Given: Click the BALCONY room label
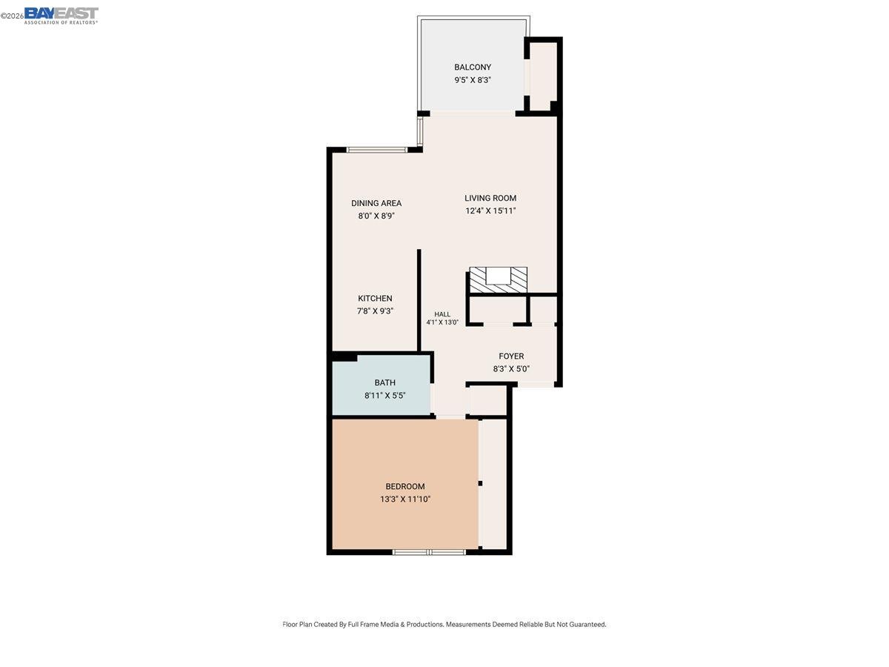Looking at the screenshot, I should (x=473, y=67).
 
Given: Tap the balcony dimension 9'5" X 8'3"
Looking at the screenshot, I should (x=473, y=80).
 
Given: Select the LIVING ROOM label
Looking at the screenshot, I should (x=490, y=198).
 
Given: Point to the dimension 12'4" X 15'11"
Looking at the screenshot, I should (x=490, y=210).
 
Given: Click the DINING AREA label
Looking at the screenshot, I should (x=376, y=203).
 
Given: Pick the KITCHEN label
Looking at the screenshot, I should (x=375, y=299).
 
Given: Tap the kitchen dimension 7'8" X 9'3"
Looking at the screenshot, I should (x=375, y=311).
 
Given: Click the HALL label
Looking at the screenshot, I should (x=442, y=314).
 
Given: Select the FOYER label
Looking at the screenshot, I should (x=511, y=356).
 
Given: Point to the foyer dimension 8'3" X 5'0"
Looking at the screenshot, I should (x=511, y=369).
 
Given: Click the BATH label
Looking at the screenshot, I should (x=384, y=383).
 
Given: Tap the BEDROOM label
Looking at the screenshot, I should (x=405, y=487).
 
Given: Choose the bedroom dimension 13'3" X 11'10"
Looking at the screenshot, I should (x=405, y=500).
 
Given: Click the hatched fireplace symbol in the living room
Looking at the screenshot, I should (x=499, y=279).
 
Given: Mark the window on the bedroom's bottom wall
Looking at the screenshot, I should (x=429, y=551).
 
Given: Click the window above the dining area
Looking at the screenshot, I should (x=377, y=150).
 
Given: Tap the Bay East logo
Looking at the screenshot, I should (x=61, y=15).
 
